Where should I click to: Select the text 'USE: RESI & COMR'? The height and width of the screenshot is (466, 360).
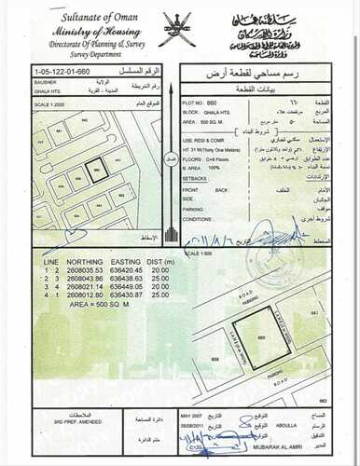pyautogui.click(x=206, y=137)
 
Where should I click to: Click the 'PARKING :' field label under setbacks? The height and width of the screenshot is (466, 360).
pyautogui.click(x=196, y=209)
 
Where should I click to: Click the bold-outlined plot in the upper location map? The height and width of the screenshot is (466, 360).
pyautogui.click(x=96, y=171)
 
